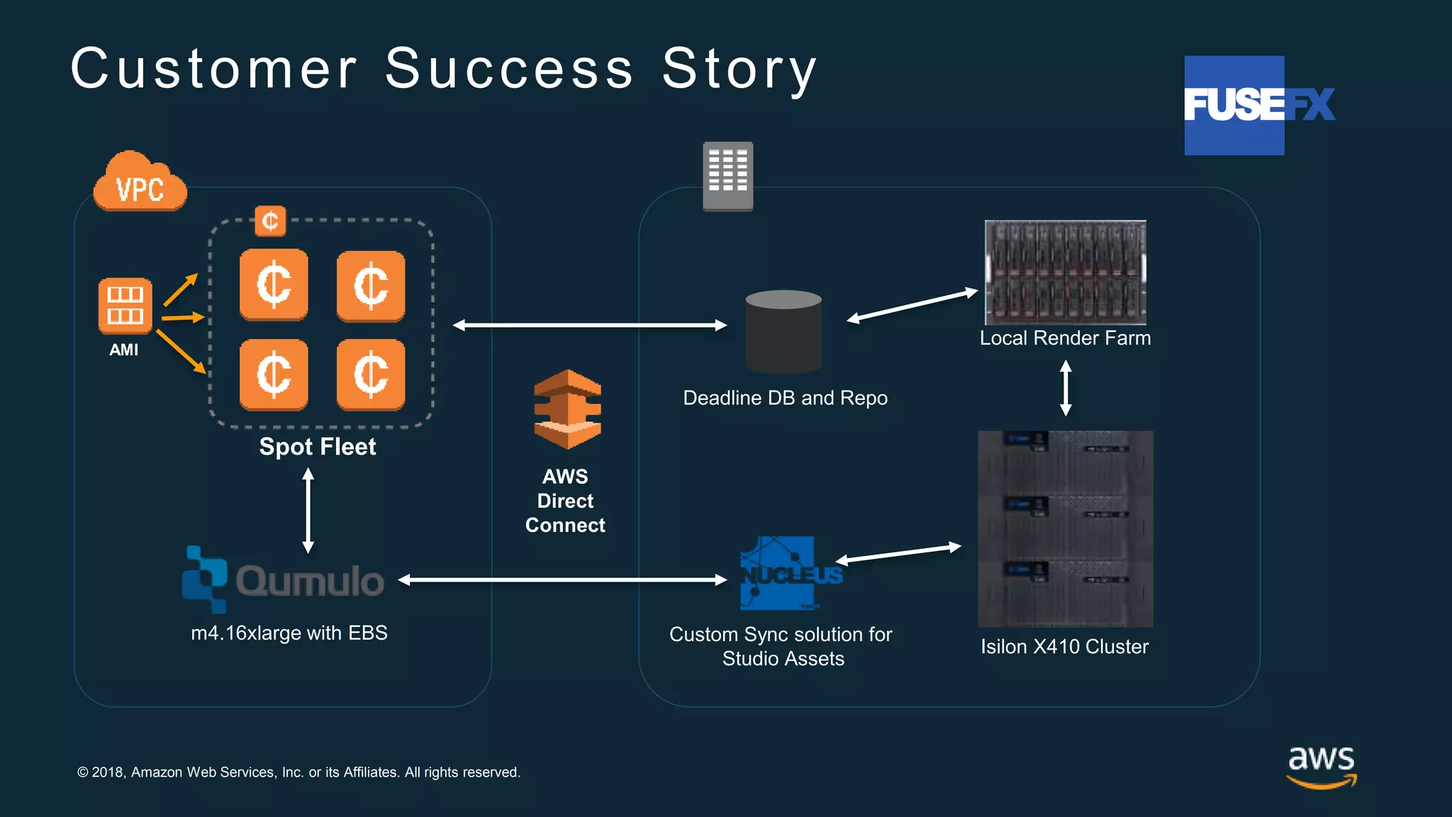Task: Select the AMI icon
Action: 125,306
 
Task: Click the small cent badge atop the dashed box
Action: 270,221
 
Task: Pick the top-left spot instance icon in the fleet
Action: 274,284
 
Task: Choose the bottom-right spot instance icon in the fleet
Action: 371,374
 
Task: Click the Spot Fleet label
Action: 317,447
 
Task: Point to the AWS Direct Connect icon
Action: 567,409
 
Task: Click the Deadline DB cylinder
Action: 783,332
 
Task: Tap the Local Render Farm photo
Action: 1065,272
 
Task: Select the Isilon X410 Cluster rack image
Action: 1065,529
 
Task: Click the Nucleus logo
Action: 790,573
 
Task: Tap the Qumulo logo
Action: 284,580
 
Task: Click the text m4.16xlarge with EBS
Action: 289,633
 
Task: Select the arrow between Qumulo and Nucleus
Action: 562,580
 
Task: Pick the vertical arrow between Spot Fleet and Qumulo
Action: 308,511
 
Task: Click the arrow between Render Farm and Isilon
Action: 1065,388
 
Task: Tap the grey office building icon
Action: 727,176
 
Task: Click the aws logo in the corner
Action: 1321,766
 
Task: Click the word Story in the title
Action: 739,70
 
